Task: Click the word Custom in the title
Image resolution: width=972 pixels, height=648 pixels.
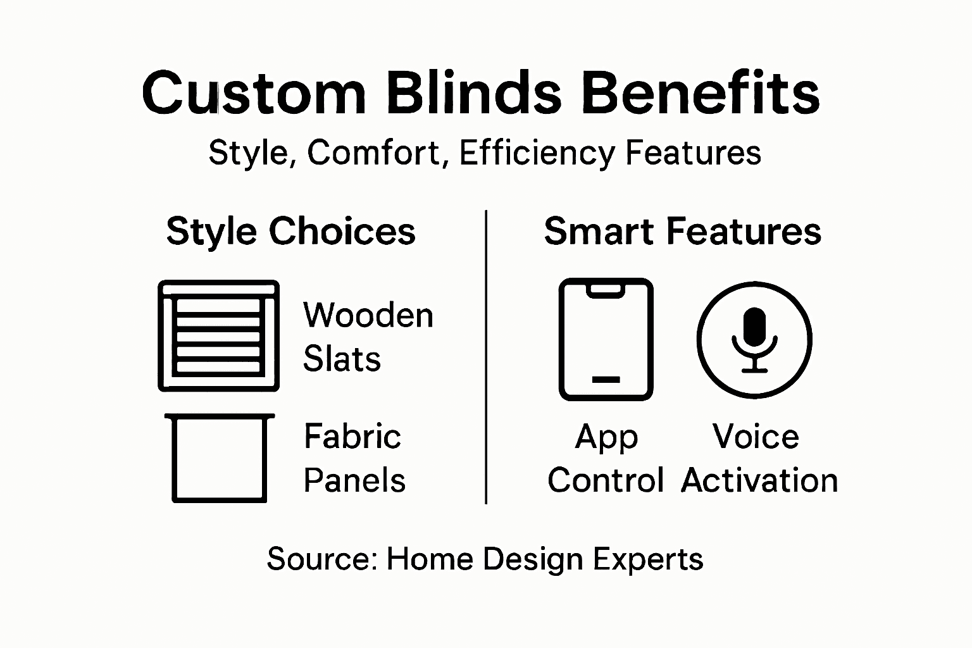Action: tap(254, 93)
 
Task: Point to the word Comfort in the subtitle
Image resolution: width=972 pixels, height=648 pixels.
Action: tap(374, 153)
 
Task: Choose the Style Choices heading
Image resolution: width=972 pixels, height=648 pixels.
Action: tap(290, 231)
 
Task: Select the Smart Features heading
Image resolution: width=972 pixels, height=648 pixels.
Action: tap(682, 231)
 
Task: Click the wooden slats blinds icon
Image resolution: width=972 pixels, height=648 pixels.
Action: tap(218, 336)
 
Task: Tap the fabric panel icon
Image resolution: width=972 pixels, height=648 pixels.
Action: tap(219, 458)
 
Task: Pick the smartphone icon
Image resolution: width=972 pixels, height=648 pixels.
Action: tap(606, 339)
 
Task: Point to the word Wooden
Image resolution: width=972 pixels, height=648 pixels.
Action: tap(368, 315)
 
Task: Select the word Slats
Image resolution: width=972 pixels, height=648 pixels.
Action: tap(342, 359)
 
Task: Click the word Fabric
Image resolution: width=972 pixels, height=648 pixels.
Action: tap(352, 437)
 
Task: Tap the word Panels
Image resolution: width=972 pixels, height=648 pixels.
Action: tap(354, 480)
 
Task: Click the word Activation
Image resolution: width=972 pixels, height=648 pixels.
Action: tap(759, 480)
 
